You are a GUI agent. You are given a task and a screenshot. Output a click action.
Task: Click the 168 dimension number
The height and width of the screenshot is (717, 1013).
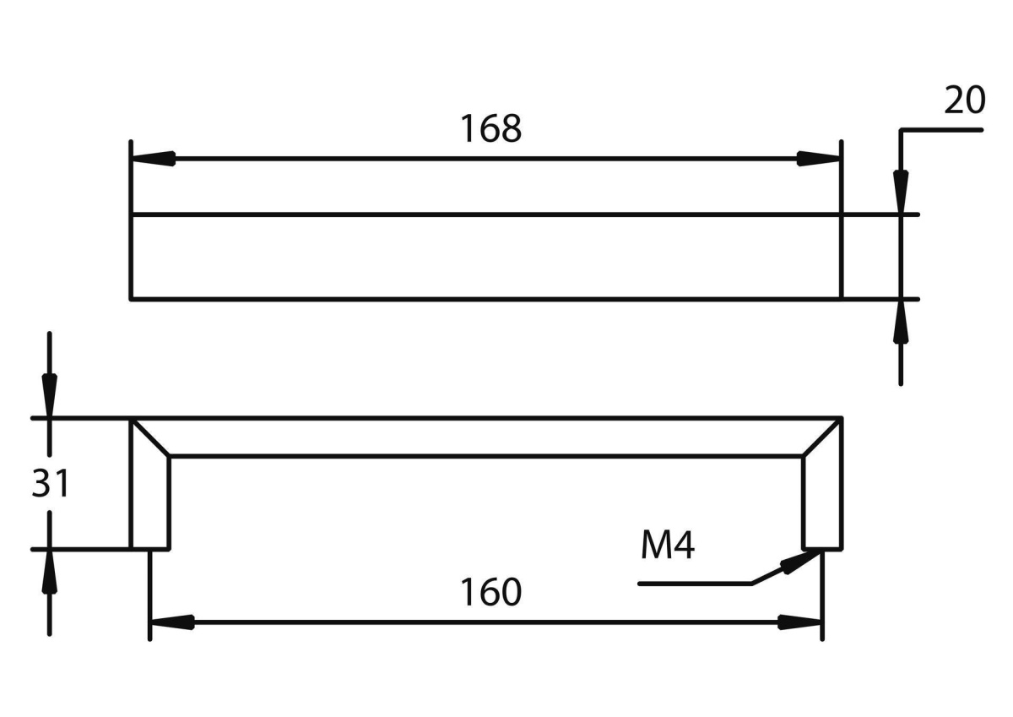tap(490, 129)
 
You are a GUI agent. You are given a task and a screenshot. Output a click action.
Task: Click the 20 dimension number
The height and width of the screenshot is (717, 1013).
tap(964, 101)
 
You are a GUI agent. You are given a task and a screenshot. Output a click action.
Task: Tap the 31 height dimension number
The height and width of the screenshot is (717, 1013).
tap(51, 485)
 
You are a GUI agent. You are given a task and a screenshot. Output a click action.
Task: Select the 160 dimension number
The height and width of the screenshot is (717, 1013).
tap(490, 593)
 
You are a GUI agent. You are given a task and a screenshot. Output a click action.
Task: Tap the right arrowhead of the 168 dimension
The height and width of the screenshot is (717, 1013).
tap(818, 158)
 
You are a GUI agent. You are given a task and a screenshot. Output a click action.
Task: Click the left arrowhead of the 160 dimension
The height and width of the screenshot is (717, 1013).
tap(172, 622)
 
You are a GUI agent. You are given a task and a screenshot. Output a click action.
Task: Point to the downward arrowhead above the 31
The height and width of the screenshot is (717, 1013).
tap(50, 397)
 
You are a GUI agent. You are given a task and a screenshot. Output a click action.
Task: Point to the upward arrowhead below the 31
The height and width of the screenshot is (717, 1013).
tap(50, 571)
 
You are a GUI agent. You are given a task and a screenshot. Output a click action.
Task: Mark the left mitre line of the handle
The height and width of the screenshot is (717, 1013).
tap(150, 437)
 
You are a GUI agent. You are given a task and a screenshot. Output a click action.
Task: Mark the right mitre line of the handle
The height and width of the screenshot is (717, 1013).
tap(822, 437)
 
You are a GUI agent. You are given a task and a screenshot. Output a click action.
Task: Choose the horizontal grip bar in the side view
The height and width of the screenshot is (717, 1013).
tap(486, 437)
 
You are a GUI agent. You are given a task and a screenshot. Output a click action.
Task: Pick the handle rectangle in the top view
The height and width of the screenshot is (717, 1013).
tap(486, 256)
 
